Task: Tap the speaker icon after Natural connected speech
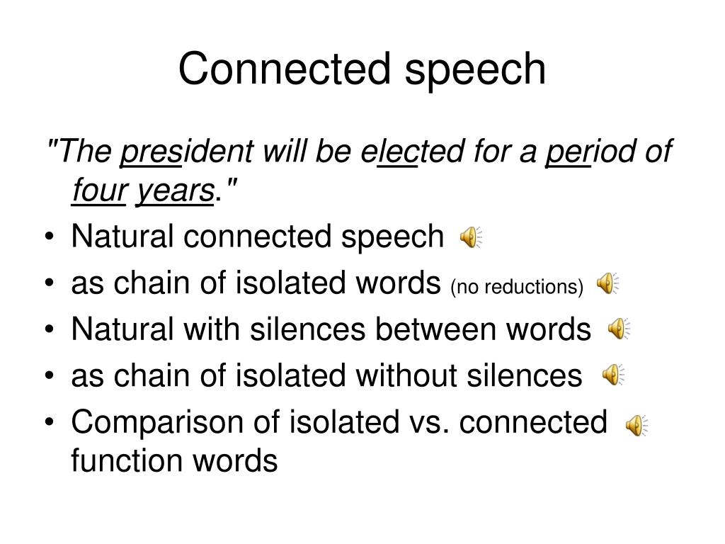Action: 471,239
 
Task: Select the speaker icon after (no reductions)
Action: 607,284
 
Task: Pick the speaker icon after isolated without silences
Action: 613,375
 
